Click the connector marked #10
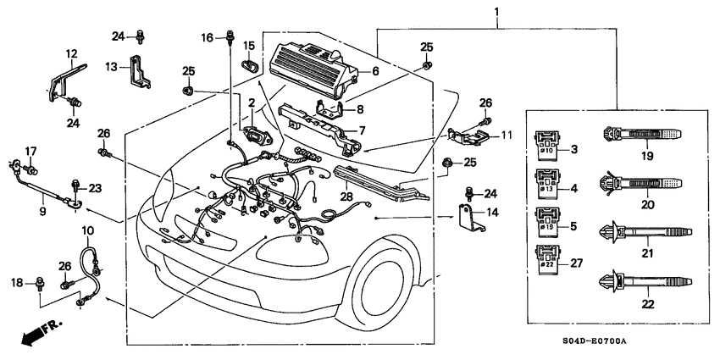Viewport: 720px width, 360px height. (546, 146)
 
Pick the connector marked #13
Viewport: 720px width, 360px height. (546, 185)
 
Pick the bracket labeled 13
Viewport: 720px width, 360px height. (139, 71)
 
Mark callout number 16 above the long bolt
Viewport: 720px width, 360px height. (207, 37)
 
